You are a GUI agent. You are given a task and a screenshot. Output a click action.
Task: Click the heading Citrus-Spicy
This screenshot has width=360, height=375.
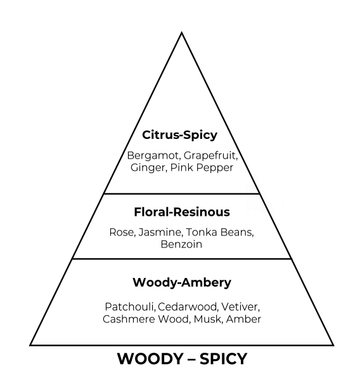pos(179,135)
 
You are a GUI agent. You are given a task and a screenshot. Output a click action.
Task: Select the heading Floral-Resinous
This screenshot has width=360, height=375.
pos(182,212)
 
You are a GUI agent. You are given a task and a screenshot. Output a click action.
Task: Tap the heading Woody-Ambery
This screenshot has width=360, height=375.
pos(182,283)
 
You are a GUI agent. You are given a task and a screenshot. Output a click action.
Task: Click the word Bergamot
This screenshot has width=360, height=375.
pos(154,156)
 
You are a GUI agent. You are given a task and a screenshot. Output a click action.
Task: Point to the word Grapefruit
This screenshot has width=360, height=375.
pos(211,156)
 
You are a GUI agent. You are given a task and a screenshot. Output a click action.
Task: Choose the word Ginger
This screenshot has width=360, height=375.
pos(148,168)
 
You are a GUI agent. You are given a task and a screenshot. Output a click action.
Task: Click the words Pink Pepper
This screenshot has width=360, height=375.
pos(202,168)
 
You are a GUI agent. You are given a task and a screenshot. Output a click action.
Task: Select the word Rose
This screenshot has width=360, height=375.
pos(122,232)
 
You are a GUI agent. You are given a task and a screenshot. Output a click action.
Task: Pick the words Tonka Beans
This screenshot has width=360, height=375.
pos(220,232)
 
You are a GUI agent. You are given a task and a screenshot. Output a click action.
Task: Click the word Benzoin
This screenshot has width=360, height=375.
pos(181,244)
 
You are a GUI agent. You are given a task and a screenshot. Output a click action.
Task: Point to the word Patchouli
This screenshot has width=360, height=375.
pos(130,307)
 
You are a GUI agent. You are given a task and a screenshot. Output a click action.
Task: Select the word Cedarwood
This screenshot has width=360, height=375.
pos(188,307)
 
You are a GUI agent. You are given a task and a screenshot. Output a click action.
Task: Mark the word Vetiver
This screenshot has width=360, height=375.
pos(240,307)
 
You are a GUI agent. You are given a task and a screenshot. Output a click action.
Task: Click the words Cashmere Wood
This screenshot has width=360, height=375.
pos(146,319)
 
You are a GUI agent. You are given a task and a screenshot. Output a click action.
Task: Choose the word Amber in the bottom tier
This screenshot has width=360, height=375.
pos(243,319)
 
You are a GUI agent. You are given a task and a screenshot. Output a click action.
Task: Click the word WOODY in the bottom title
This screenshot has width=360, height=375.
pos(150,359)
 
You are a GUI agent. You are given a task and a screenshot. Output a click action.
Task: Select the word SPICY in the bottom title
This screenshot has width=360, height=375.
pos(223,359)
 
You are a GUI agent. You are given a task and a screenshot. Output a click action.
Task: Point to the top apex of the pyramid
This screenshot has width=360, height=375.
pos(181,32)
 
